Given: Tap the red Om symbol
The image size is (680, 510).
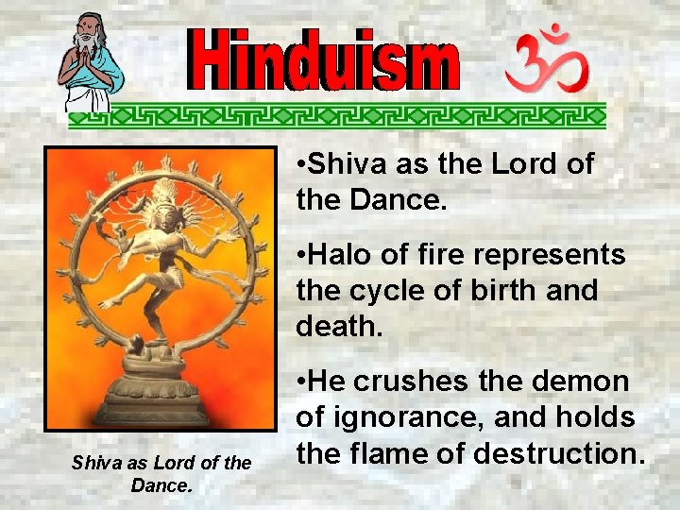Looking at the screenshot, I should point(547,60).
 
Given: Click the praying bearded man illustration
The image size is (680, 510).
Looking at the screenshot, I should point(90,61).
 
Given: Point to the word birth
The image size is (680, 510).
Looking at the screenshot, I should point(507,291).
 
